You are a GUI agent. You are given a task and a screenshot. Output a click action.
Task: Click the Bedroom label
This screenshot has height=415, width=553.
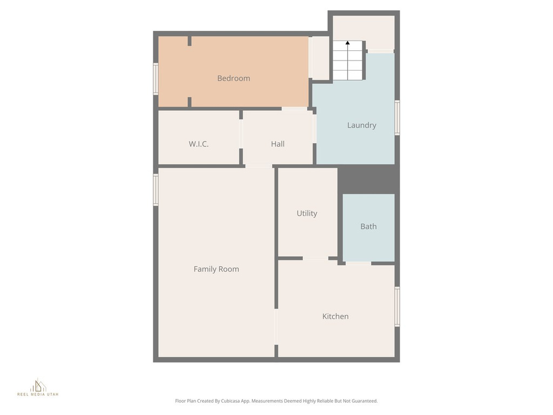[233, 78]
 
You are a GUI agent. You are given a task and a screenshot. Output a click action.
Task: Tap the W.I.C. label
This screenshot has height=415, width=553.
[199, 144]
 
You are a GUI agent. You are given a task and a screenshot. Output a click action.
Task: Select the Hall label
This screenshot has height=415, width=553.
[278, 144]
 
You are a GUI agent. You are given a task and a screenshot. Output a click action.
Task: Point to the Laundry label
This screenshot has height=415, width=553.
[361, 125]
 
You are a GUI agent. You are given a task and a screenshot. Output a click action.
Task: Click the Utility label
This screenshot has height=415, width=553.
[307, 213]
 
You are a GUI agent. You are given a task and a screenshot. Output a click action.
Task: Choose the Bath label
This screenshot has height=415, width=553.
[368, 226]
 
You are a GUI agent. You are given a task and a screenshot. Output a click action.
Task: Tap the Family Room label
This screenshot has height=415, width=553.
[216, 269]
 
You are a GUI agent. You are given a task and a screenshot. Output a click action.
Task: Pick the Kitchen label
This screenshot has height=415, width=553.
[335, 317]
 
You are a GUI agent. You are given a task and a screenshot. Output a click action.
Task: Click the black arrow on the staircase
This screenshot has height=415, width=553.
[347, 42]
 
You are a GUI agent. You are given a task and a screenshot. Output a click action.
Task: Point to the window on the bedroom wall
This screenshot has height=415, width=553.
[156, 79]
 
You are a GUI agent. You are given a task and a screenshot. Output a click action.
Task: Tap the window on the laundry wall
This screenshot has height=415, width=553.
[397, 117]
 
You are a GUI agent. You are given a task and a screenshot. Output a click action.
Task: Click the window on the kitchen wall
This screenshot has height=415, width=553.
[397, 306]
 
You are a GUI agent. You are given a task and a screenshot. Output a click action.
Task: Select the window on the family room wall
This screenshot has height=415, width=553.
[156, 189]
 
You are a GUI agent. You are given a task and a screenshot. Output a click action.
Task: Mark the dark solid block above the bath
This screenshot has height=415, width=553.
[368, 178]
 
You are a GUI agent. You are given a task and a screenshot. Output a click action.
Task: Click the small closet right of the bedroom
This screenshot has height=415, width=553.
[320, 58]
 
